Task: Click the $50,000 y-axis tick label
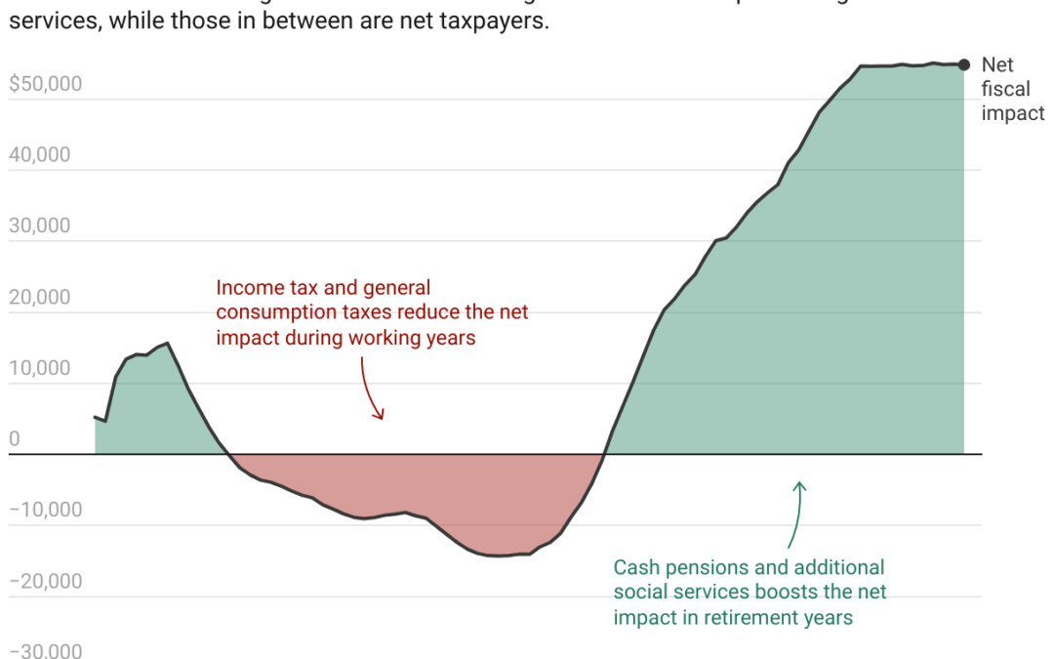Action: click(45, 84)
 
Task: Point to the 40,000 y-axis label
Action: click(40, 155)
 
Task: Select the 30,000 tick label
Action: click(40, 226)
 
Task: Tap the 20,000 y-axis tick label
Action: click(40, 297)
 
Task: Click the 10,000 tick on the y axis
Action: click(40, 368)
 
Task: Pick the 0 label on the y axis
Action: click(15, 439)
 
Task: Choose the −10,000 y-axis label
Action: click(46, 510)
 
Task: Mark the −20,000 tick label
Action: click(46, 581)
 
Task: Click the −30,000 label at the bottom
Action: click(46, 651)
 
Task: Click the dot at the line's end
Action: click(964, 64)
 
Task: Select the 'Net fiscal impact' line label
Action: click(1012, 89)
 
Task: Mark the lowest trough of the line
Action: click(498, 556)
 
